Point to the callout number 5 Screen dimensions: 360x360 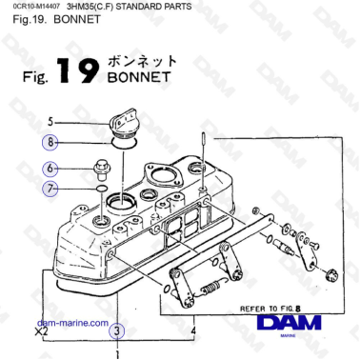[x=53, y=121]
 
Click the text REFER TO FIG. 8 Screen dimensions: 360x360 [x=270, y=309]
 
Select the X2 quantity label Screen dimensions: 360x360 [x=41, y=333]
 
